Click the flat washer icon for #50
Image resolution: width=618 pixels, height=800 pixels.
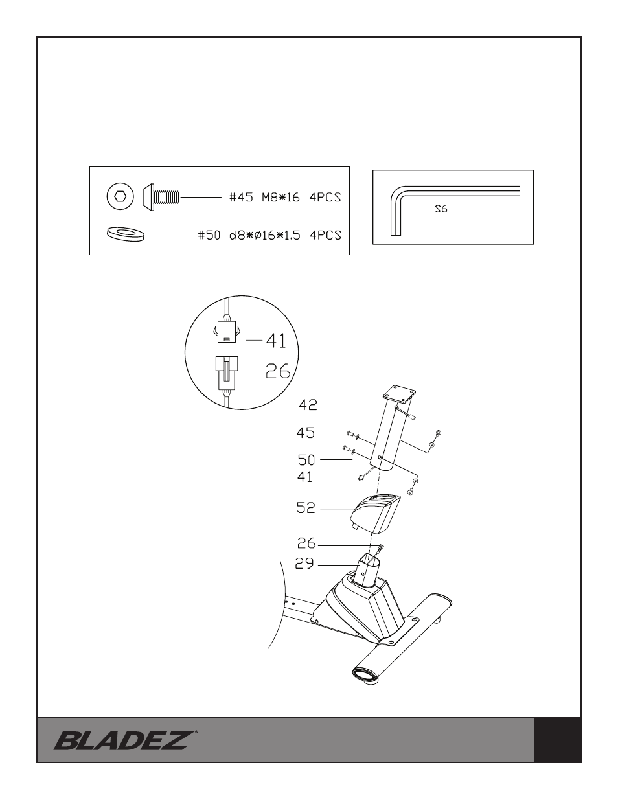pos(124,233)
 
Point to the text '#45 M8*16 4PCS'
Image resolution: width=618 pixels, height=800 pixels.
pos(284,198)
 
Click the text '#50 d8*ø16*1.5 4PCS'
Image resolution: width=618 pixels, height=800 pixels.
pos(269,236)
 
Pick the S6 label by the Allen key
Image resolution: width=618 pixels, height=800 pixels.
pos(441,209)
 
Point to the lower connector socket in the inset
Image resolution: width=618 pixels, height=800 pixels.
pos(226,371)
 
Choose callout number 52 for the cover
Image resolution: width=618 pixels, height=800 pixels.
pos(305,509)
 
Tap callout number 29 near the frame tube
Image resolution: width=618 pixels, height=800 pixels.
pos(304,564)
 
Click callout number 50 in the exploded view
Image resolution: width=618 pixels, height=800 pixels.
pos(306,460)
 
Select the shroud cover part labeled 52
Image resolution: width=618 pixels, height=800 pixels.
pos(376,512)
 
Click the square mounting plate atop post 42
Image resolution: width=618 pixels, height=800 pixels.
pos(400,394)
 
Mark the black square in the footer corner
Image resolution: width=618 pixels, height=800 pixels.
pos(557,740)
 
